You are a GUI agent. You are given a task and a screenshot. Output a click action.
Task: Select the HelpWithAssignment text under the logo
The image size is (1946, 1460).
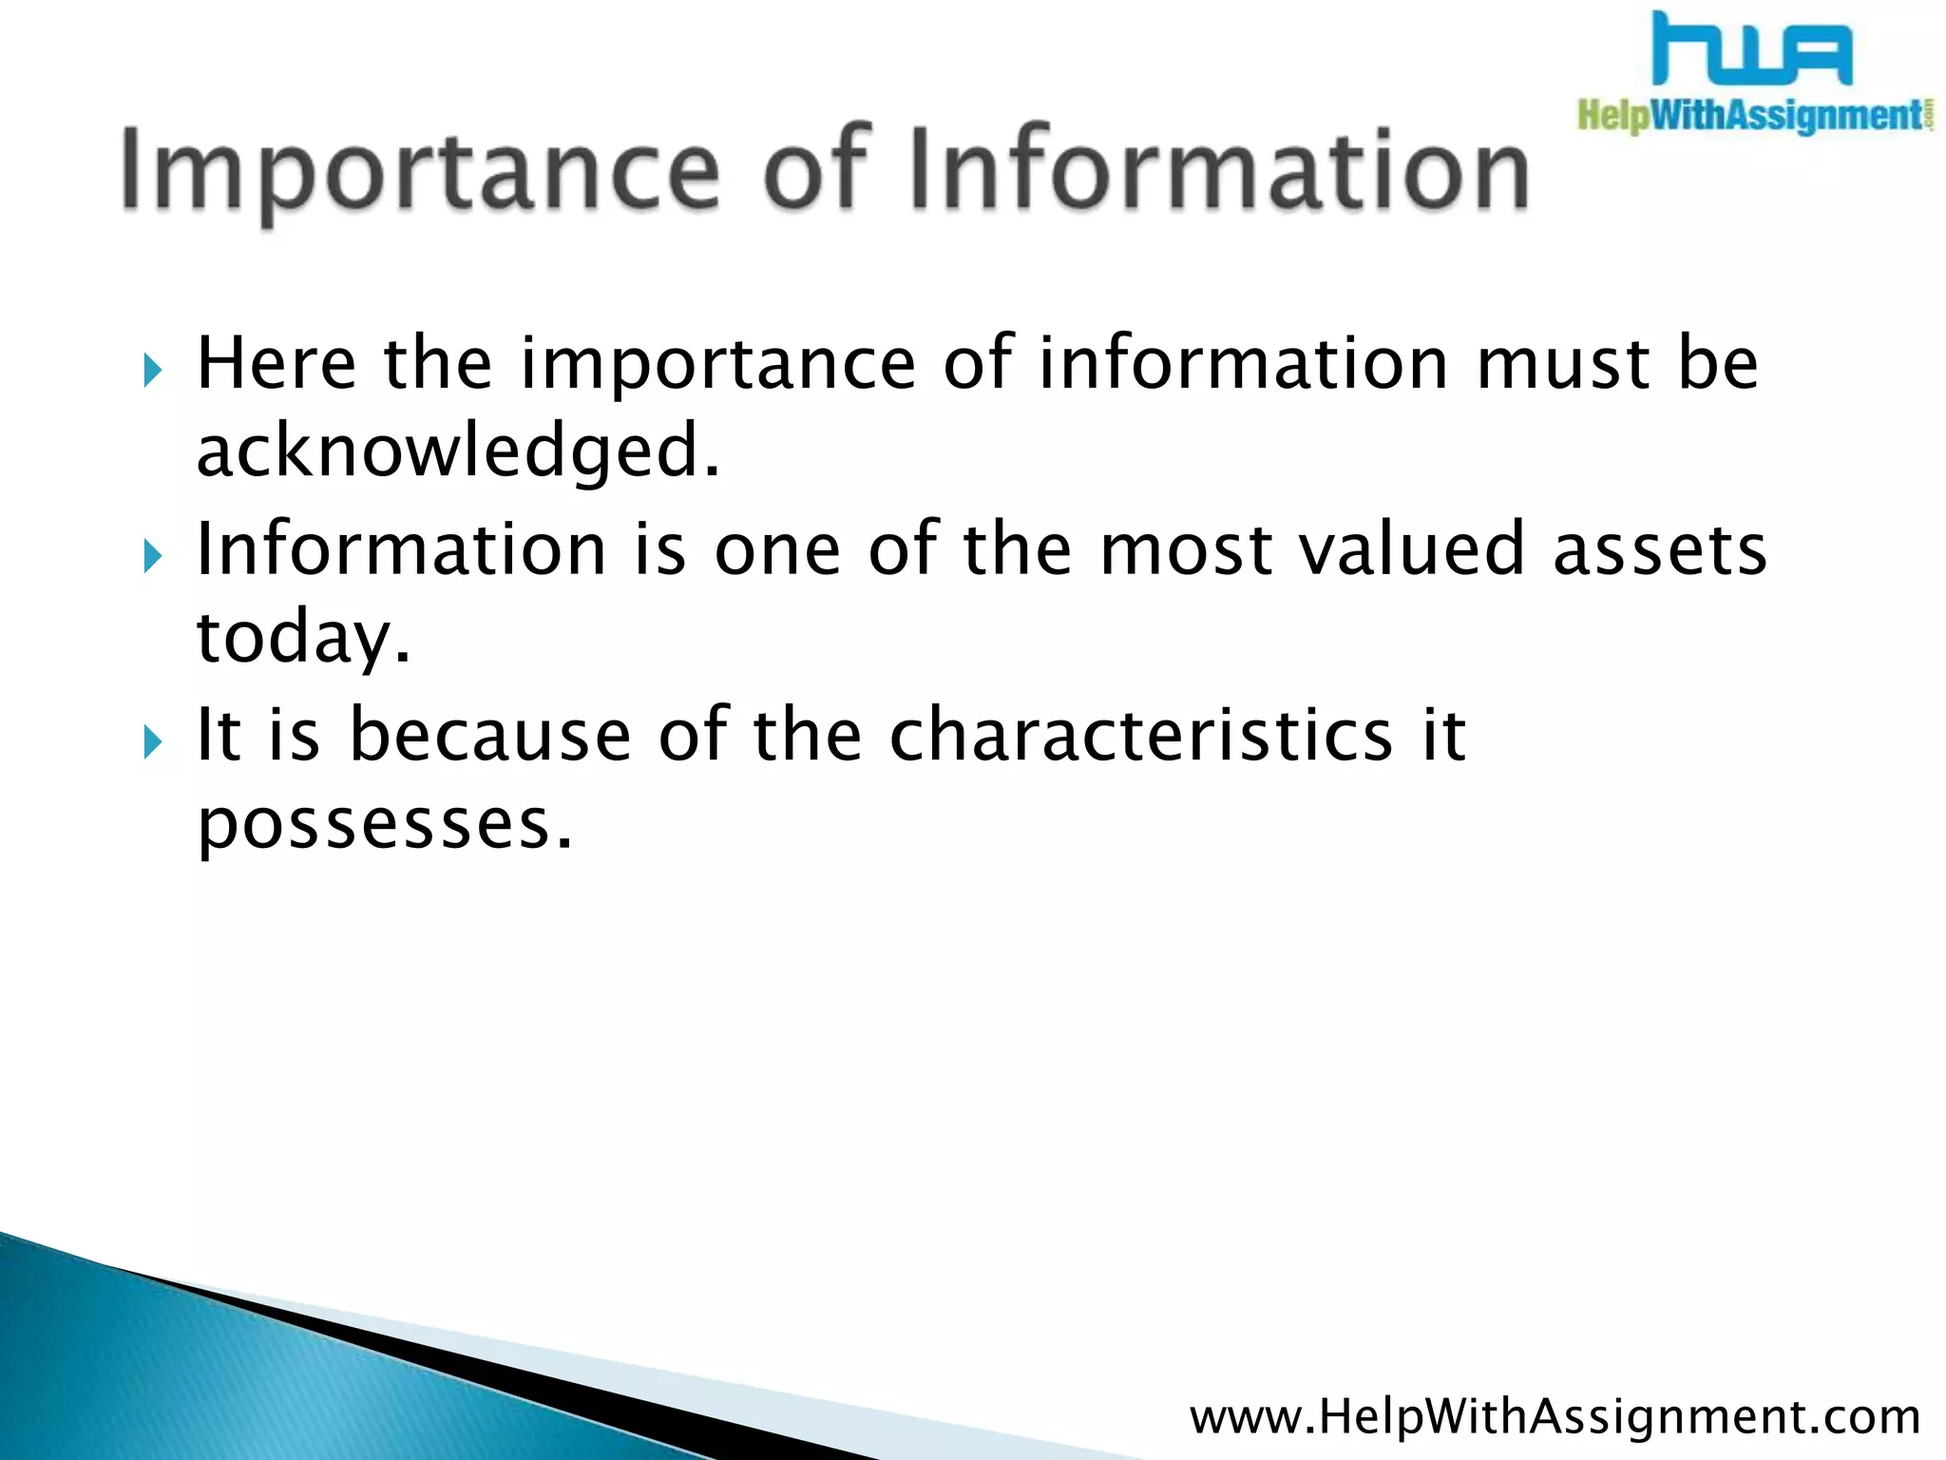tap(1754, 117)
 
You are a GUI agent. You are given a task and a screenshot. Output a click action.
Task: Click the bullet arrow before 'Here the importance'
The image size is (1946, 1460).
tap(153, 370)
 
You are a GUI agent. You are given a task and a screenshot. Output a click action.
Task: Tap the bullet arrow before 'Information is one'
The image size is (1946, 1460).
tap(153, 556)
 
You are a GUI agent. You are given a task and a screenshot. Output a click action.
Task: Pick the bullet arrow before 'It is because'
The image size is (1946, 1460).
tap(153, 741)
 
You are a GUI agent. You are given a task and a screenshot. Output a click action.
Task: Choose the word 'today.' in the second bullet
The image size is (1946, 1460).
tap(303, 639)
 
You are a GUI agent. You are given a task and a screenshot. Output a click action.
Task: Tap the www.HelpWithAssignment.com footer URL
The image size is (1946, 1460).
tap(1555, 1416)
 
